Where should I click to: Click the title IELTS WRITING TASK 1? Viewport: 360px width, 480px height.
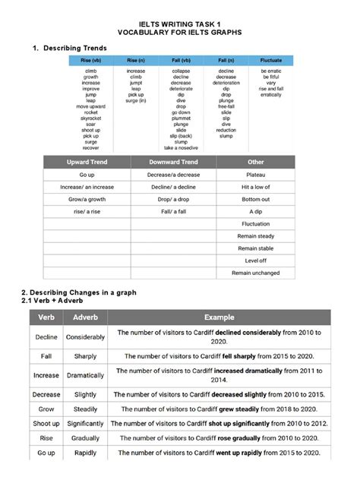click(x=179, y=24)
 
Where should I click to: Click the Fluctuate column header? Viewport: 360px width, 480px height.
click(x=270, y=59)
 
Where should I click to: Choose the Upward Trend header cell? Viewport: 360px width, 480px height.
click(x=87, y=163)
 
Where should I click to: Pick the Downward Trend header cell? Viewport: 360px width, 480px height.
click(x=173, y=163)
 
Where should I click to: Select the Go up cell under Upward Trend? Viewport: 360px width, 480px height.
click(x=87, y=175)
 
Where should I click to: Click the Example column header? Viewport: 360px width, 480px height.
click(x=219, y=317)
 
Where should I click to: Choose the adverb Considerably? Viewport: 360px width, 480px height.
click(x=86, y=336)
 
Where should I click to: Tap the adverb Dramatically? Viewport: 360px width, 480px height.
click(x=86, y=375)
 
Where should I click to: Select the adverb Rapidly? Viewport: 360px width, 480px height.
click(x=86, y=453)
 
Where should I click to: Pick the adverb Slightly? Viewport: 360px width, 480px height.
click(x=86, y=395)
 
